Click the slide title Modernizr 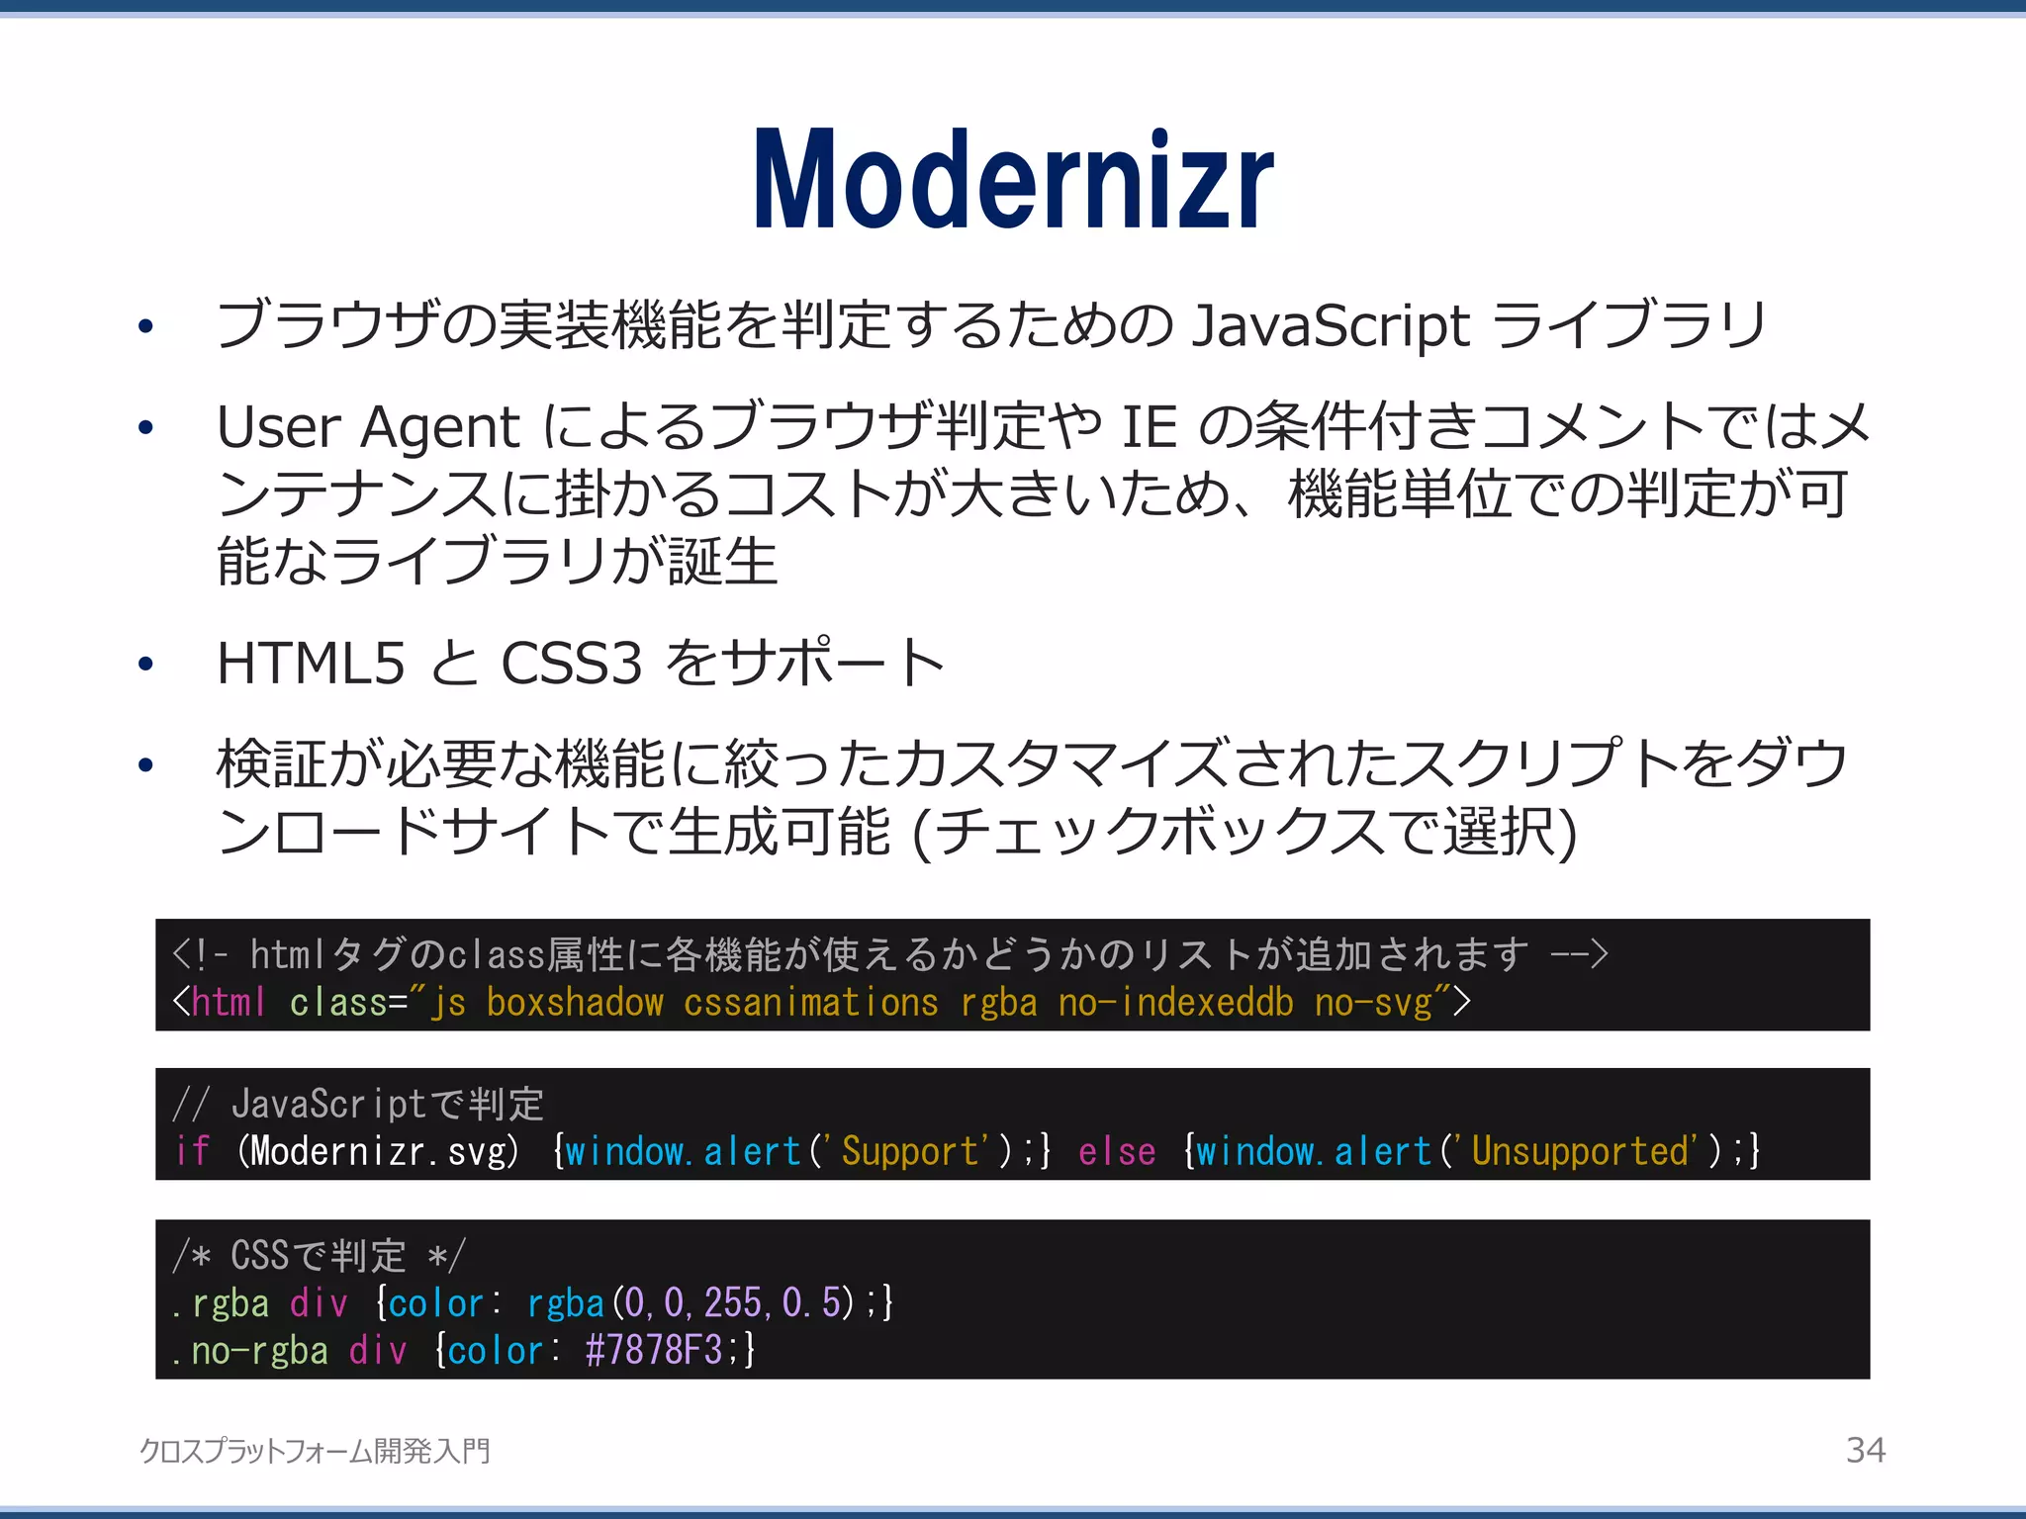point(1013,180)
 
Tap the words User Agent point(368,427)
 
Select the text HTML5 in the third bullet point(311,664)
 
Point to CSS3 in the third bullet point(572,664)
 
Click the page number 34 point(1866,1450)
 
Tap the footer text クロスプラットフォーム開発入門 point(315,1451)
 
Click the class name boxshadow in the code point(575,1003)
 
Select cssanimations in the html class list point(810,1003)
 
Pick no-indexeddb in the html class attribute point(1175,1003)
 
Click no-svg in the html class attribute point(1373,1003)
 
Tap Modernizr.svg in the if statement point(377,1151)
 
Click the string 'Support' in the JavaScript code point(910,1151)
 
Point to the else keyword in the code point(1117,1151)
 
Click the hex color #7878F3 point(653,1350)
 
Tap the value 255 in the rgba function point(732,1302)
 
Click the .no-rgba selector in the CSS point(249,1350)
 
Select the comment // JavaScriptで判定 point(358,1104)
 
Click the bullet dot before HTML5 point(146,664)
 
